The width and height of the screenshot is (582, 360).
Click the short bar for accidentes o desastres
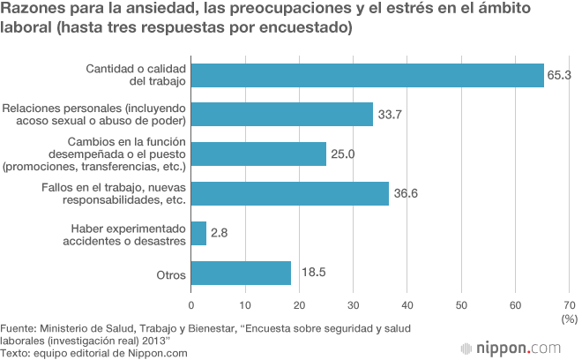point(198,233)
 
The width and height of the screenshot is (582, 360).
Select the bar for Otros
point(241,273)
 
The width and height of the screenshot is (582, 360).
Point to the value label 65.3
point(560,76)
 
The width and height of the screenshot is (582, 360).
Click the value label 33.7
point(391,115)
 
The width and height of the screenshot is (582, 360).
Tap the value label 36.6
point(407,194)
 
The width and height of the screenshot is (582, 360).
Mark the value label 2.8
point(220,234)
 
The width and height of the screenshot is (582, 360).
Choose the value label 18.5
point(312,273)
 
